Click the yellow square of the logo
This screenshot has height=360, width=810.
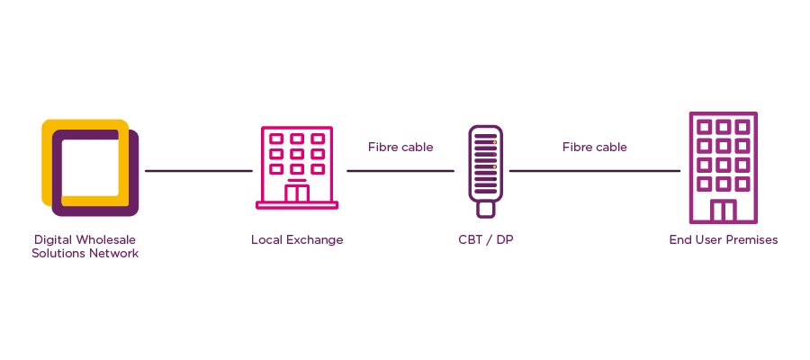[47, 157]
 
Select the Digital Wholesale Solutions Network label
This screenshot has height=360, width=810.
[85, 247]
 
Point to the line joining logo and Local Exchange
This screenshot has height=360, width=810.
[198, 170]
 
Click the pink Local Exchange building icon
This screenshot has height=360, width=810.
[297, 166]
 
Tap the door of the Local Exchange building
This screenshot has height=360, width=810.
[297, 193]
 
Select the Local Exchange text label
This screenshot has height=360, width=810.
[297, 240]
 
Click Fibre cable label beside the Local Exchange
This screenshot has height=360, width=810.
[400, 147]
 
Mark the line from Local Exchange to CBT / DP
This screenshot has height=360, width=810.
[400, 170]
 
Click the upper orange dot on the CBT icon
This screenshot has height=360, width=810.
[494, 142]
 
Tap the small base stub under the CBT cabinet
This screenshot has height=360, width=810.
[485, 210]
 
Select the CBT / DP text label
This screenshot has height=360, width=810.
[485, 240]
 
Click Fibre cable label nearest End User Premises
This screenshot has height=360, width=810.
[595, 147]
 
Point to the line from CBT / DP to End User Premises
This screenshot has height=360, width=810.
[595, 170]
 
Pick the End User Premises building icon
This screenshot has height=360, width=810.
[723, 167]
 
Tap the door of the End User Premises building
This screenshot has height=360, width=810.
[723, 211]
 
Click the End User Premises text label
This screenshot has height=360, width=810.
[723, 240]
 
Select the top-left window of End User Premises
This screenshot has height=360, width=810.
[704, 126]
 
